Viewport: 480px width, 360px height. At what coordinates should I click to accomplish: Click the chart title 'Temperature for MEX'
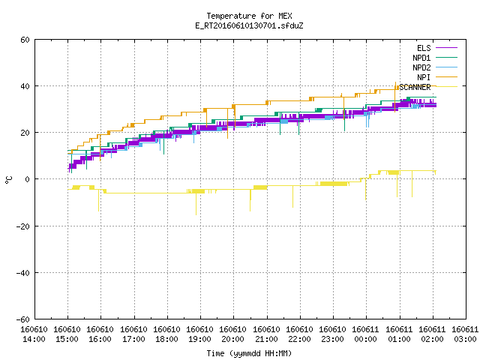(x=249, y=16)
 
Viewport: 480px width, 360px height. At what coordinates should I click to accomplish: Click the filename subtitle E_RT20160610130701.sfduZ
(x=249, y=25)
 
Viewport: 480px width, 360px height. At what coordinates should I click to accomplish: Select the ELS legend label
(x=424, y=48)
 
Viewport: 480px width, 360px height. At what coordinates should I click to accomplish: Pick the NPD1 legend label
(x=421, y=58)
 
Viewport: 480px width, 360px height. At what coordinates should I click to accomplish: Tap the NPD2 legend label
(x=421, y=67)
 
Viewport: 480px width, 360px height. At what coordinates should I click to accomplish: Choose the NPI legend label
(x=424, y=77)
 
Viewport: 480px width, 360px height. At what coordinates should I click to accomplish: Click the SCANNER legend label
(x=415, y=87)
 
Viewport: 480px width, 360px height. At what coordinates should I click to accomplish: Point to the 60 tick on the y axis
(x=25, y=40)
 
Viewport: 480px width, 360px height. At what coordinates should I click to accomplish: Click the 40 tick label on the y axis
(x=25, y=86)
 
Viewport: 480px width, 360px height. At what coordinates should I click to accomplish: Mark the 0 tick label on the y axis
(x=28, y=179)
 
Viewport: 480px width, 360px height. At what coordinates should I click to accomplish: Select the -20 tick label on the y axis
(x=22, y=226)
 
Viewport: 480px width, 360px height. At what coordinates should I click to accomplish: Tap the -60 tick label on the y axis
(x=22, y=319)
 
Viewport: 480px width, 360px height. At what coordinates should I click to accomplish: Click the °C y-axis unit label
(x=8, y=180)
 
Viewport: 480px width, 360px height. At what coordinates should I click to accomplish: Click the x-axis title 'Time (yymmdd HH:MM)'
(x=249, y=353)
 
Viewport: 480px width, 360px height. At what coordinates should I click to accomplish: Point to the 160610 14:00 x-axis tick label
(x=34, y=334)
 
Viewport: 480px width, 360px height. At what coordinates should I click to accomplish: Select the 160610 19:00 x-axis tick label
(x=200, y=334)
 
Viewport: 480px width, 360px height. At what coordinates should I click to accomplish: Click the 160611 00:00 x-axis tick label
(x=366, y=334)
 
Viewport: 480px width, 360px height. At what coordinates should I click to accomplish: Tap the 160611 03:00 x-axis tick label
(x=465, y=334)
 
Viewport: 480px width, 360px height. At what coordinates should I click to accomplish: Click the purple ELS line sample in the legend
(x=447, y=48)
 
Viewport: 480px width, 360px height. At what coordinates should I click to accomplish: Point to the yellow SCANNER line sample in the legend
(x=447, y=87)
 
